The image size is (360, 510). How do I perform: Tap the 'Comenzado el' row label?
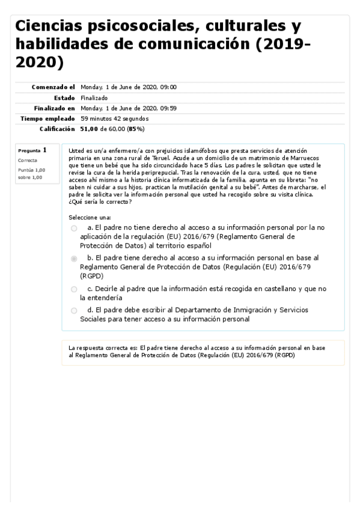pos(53,87)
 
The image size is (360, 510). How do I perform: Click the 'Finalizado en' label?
pos(53,108)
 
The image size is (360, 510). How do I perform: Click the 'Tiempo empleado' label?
pos(48,118)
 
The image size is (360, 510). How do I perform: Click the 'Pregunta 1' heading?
pos(32,150)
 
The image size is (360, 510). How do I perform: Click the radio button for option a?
pos(74,229)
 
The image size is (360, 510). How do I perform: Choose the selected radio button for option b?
pos(74,258)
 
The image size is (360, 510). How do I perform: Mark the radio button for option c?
pos(74,289)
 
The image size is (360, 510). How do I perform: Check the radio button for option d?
pos(74,310)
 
